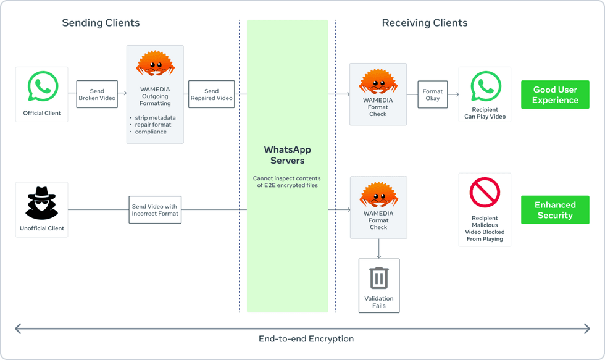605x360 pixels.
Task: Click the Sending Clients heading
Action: tap(101, 23)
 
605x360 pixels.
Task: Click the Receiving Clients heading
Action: tap(424, 23)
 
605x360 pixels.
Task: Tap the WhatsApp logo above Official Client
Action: tap(43, 87)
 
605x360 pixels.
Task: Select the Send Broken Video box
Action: tap(97, 94)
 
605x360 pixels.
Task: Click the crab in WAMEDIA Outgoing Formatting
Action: tap(155, 64)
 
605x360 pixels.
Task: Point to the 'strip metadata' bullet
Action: tap(155, 117)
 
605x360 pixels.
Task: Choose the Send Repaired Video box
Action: tap(211, 94)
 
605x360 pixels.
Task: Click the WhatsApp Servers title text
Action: tap(287, 155)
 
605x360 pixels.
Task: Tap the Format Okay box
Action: tap(432, 94)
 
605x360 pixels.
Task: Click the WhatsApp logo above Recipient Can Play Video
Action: tap(485, 86)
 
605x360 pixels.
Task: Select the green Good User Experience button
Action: tap(554, 94)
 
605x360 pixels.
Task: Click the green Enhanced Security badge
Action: tap(554, 210)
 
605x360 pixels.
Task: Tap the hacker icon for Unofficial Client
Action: tap(41, 203)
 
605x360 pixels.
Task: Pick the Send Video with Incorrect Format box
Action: tap(154, 210)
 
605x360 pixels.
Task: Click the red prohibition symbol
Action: tap(485, 193)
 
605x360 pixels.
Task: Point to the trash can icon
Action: tap(378, 278)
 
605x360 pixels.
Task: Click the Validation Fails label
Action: tap(378, 302)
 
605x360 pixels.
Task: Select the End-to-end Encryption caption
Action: tap(306, 339)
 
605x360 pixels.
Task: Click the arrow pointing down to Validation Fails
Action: tap(378, 249)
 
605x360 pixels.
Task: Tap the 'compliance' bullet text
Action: tap(151, 132)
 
